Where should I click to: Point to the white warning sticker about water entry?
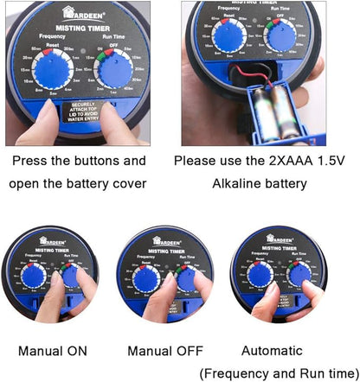pyautogui.click(x=85, y=113)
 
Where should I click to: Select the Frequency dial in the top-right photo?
pyautogui.click(x=228, y=36)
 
